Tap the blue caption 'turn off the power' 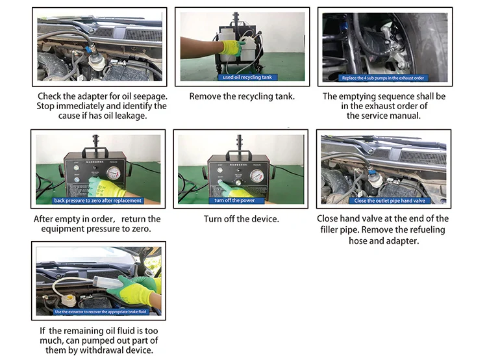coord(241,200)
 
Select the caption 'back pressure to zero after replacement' coord(98,200)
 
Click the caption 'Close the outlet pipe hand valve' coord(383,200)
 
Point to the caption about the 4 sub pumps coord(384,77)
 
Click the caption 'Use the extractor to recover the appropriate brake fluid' coord(98,312)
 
